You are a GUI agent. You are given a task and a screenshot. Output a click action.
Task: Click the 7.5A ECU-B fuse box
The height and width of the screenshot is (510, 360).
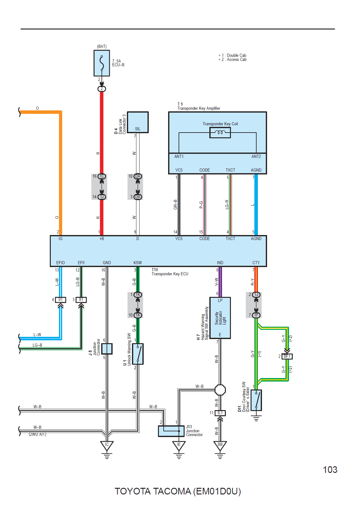101,63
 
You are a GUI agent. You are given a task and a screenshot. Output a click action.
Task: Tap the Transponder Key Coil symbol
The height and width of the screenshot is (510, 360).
220,133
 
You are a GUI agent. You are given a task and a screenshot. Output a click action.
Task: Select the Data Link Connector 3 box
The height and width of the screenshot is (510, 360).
138,122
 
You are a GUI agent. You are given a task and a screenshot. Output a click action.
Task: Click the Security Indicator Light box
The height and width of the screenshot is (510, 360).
220,318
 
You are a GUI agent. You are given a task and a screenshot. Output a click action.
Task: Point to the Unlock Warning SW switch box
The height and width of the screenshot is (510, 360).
138,354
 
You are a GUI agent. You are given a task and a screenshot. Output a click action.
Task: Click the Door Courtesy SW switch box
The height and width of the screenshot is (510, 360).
256,400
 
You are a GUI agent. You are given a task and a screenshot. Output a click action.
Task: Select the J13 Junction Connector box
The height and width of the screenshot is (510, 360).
171,431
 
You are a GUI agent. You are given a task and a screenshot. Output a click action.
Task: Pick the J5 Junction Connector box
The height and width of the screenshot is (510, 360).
107,349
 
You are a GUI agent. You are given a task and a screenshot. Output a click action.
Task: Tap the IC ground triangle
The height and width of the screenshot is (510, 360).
107,446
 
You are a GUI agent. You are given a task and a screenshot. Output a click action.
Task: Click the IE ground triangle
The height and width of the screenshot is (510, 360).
179,446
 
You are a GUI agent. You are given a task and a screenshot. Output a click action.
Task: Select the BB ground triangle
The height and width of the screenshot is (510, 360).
220,446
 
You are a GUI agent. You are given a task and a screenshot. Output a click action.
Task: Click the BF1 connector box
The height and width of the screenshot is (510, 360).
287,356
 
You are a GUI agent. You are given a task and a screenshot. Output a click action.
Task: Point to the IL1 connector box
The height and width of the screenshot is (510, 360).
220,413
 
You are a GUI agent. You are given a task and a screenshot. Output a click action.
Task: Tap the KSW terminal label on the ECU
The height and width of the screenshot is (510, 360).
138,263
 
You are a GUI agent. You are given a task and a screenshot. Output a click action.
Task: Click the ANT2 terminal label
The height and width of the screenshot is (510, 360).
256,156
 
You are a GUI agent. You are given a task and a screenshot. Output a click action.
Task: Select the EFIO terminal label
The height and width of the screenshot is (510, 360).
60,263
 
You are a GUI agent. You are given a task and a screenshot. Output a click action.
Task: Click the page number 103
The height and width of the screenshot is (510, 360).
330,469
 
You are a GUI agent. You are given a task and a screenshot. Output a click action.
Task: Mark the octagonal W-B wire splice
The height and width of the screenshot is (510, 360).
220,390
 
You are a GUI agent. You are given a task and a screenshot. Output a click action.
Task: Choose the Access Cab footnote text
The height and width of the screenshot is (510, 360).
232,59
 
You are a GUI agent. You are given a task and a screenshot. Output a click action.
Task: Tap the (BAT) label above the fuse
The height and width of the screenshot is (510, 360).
101,46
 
